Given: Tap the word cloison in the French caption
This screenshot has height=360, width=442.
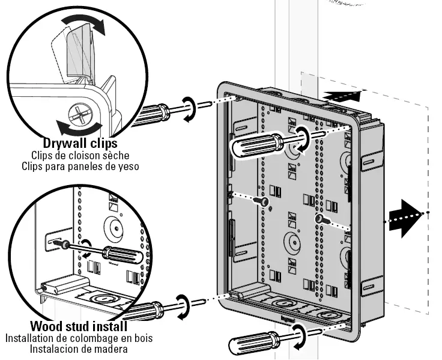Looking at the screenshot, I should pyautogui.click(x=81, y=155).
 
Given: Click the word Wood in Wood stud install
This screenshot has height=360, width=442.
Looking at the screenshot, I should pyautogui.click(x=46, y=327).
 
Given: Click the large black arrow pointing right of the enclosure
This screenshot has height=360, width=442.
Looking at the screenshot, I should pyautogui.click(x=401, y=213).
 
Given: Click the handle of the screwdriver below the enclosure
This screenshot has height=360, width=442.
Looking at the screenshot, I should pyautogui.click(x=252, y=344).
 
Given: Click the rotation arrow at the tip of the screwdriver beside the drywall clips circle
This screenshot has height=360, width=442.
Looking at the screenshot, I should pyautogui.click(x=189, y=108).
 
